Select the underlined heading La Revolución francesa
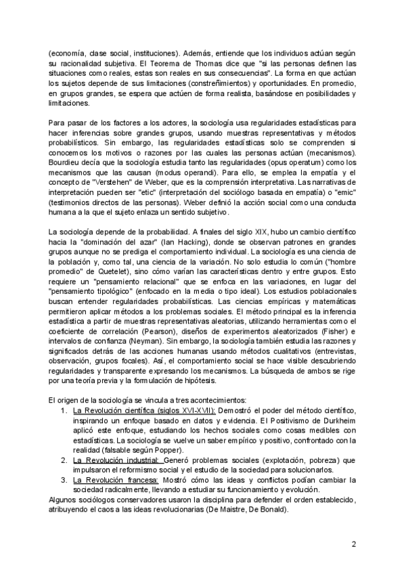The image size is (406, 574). click(x=117, y=480)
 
